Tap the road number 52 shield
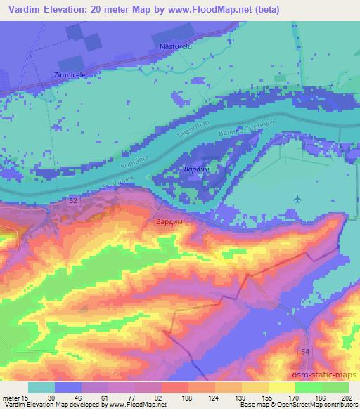pos(74,201)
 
